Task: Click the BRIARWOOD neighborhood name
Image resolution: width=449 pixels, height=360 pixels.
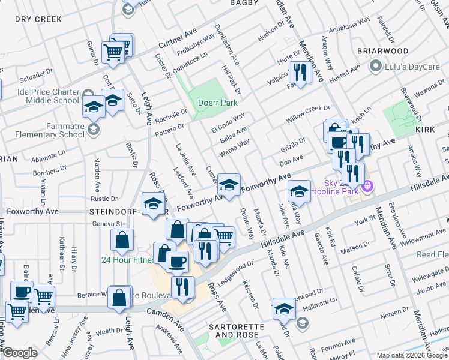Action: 383,51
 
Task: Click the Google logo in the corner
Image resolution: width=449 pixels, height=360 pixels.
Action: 20,353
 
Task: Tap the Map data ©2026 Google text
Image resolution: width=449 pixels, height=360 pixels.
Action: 411,355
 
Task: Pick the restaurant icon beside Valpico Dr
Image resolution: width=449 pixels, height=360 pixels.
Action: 299,73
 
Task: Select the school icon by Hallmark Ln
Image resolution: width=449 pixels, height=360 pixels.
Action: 283,309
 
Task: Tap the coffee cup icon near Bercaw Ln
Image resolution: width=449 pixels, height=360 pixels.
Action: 22,292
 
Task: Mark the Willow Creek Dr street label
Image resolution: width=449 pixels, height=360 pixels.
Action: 308,113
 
